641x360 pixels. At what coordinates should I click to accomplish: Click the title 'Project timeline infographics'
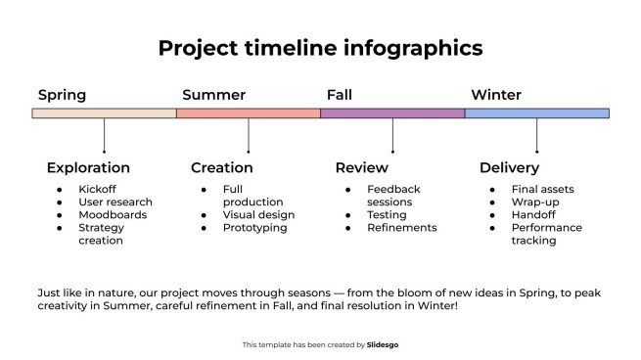click(320, 48)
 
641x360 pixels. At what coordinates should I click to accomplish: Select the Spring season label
click(62, 95)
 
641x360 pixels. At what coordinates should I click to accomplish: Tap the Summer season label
click(213, 95)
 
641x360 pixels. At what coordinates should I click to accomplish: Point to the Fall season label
click(339, 95)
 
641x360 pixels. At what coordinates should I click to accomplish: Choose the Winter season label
click(495, 95)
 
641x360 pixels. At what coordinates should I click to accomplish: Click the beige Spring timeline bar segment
click(104, 113)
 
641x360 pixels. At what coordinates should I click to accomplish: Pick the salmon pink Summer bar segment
click(249, 113)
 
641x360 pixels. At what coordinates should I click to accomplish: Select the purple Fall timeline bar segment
click(392, 113)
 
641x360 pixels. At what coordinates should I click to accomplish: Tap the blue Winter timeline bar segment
click(536, 113)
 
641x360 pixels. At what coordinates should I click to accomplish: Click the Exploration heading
click(88, 167)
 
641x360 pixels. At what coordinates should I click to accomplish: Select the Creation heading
click(222, 167)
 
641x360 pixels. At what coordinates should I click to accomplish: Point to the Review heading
click(361, 167)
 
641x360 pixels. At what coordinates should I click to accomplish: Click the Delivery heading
click(509, 167)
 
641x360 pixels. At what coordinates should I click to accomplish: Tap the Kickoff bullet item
click(97, 189)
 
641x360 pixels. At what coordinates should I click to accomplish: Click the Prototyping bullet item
click(254, 228)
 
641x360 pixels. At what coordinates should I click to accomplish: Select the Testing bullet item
click(387, 214)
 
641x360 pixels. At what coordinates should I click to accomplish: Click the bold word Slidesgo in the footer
click(382, 344)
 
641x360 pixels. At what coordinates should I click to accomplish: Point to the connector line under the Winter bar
click(536, 135)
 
